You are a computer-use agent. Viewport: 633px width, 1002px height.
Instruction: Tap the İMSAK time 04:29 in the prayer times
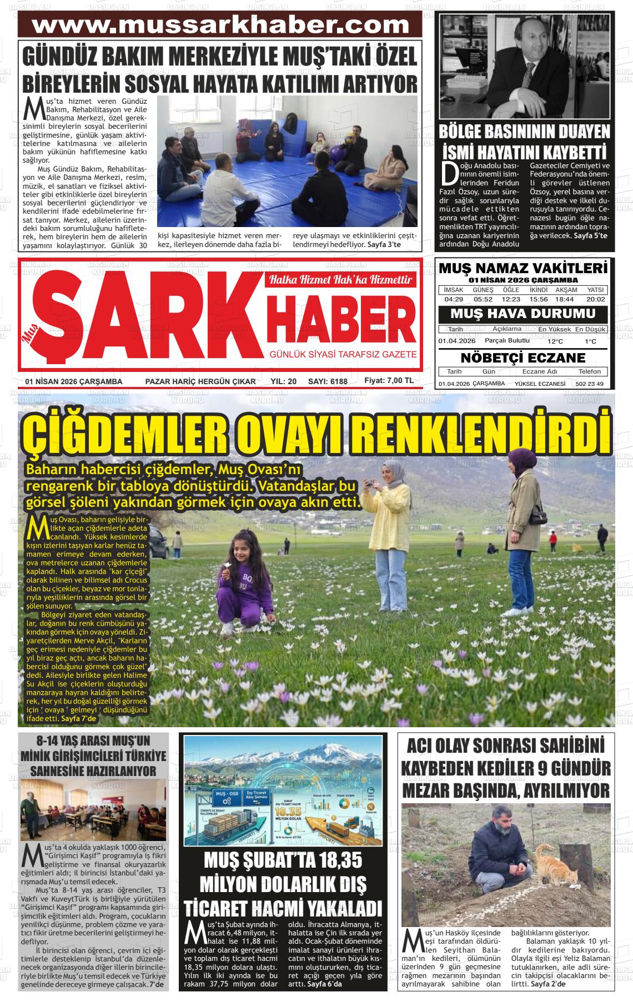click(x=454, y=299)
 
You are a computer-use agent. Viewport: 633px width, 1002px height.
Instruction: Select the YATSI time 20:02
click(x=595, y=299)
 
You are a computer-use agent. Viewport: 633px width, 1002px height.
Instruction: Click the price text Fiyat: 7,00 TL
click(x=389, y=381)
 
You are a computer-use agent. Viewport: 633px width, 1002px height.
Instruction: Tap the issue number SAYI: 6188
click(x=328, y=381)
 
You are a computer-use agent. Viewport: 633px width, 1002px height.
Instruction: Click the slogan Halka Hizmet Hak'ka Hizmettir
click(x=340, y=280)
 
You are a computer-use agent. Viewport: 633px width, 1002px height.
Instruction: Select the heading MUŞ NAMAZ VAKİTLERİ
click(x=523, y=268)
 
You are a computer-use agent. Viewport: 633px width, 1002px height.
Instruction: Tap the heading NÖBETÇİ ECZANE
click(x=523, y=357)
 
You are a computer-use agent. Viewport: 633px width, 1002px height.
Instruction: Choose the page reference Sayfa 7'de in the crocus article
click(x=79, y=718)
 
